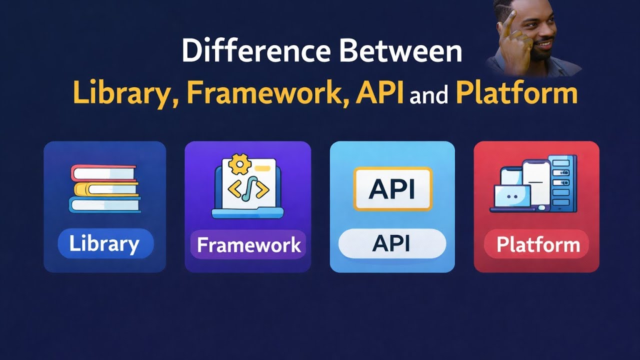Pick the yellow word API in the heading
click(x=379, y=93)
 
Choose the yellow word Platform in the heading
click(x=516, y=93)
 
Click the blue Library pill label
click(x=104, y=244)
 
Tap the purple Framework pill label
click(x=248, y=245)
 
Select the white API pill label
click(x=391, y=243)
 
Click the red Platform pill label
click(x=537, y=245)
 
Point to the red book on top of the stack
click(x=103, y=173)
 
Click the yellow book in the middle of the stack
click(x=105, y=188)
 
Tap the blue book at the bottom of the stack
click(x=104, y=204)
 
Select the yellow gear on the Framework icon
click(x=238, y=164)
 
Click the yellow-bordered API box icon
click(x=392, y=188)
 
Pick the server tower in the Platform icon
click(x=563, y=182)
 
